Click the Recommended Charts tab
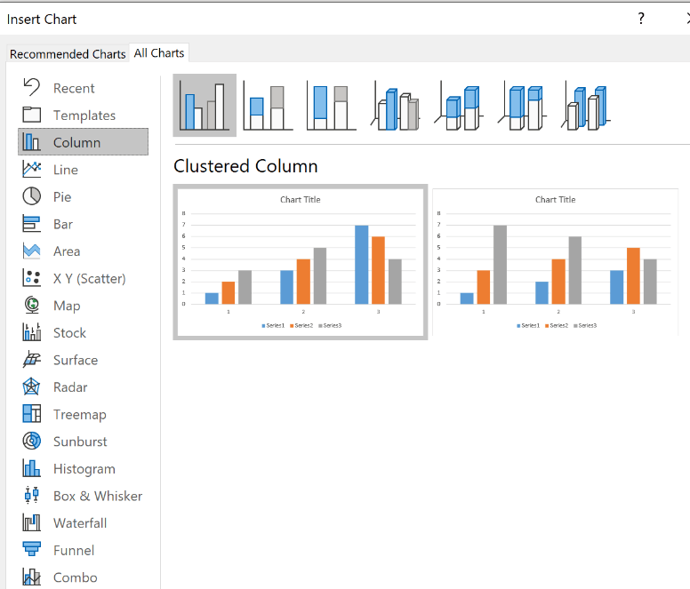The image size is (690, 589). pyautogui.click(x=68, y=54)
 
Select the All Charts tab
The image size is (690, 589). pyautogui.click(x=159, y=53)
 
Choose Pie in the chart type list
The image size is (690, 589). pyautogui.click(x=61, y=196)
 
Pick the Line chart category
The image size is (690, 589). pyautogui.click(x=65, y=170)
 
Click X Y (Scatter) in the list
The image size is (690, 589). pyautogui.click(x=89, y=278)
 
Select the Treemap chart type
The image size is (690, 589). pyautogui.click(x=79, y=414)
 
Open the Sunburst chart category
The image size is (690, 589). pyautogui.click(x=80, y=442)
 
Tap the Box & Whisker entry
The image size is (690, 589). pyautogui.click(x=97, y=496)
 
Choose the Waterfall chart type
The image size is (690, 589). pyautogui.click(x=79, y=523)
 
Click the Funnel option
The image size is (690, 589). pyautogui.click(x=74, y=550)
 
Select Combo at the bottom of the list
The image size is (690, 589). pyautogui.click(x=75, y=577)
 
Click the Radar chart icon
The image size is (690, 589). pyautogui.click(x=32, y=387)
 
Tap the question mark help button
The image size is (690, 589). pyautogui.click(x=641, y=19)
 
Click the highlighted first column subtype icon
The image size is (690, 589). pyautogui.click(x=205, y=105)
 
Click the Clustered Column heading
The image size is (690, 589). pyautogui.click(x=245, y=166)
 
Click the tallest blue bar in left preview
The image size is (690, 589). pyautogui.click(x=361, y=264)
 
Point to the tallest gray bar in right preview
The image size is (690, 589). pyautogui.click(x=500, y=264)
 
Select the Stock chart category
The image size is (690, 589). pyautogui.click(x=69, y=332)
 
